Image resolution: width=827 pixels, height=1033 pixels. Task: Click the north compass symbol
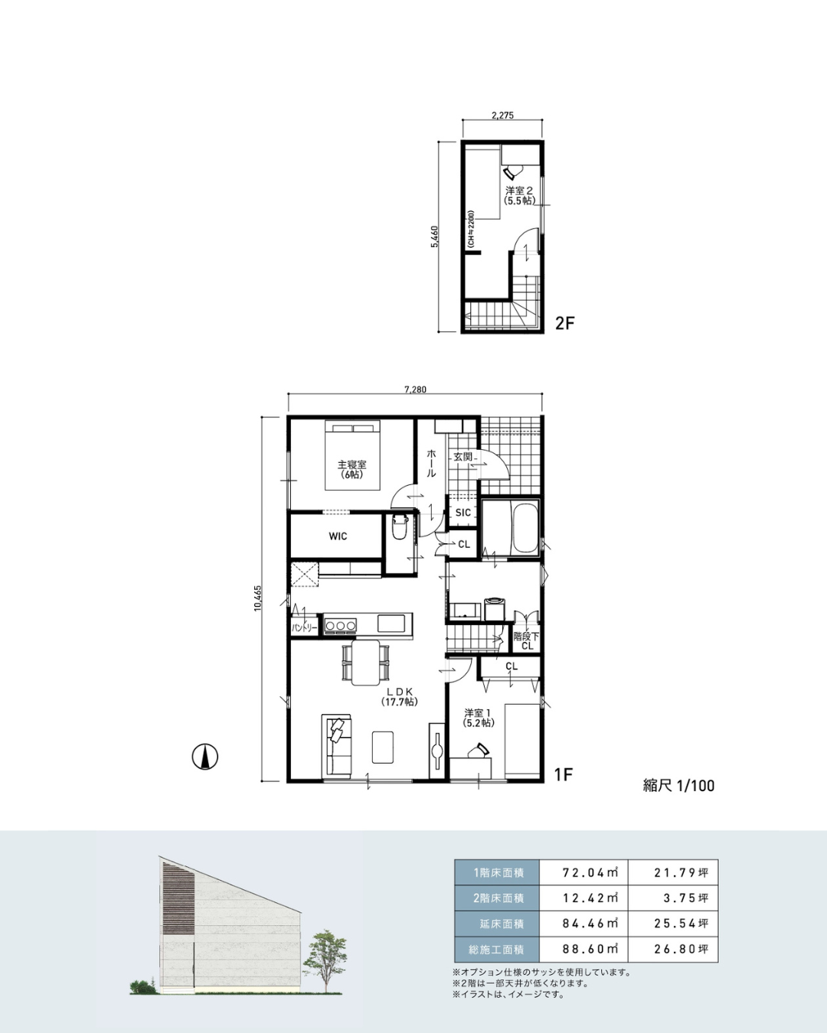pos(204,757)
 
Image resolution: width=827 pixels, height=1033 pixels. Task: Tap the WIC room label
pos(338,536)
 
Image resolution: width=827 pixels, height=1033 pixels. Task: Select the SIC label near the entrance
pos(463,512)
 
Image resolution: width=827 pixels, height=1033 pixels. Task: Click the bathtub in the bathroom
pos(524,527)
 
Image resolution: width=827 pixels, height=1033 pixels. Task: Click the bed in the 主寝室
pos(352,455)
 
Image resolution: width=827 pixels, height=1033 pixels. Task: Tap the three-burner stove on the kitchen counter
pos(341,625)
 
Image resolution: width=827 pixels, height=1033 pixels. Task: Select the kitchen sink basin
pos(391,624)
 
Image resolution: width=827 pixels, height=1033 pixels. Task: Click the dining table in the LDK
pos(365,663)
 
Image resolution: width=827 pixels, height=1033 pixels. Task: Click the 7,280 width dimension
pos(415,389)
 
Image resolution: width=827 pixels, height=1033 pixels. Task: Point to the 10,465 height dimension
pos(257,598)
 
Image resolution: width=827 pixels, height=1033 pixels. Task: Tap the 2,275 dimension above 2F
pos(502,116)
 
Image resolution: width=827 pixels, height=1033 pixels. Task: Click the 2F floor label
pos(564,323)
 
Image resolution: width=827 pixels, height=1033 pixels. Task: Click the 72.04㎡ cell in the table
pos(583,872)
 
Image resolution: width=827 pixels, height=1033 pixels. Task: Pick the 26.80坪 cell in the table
pos(673,949)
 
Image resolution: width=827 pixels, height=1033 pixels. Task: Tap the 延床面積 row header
pos(498,924)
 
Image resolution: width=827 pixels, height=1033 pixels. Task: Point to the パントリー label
pos(304,628)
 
